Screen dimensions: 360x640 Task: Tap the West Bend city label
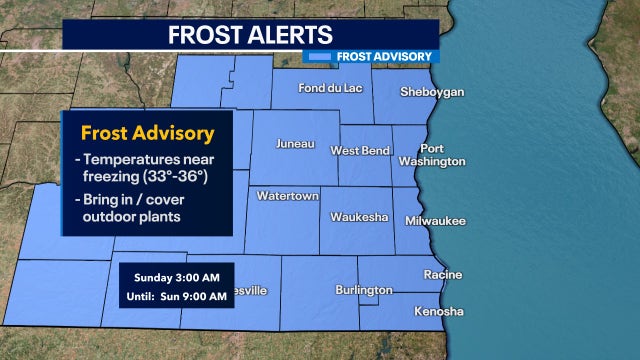[x=359, y=150]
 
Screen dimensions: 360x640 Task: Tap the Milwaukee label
[x=436, y=221]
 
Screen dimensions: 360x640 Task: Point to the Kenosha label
[x=440, y=312]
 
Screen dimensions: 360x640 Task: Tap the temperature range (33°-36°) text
[x=165, y=177]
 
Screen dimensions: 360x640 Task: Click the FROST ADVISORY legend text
[x=384, y=56]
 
